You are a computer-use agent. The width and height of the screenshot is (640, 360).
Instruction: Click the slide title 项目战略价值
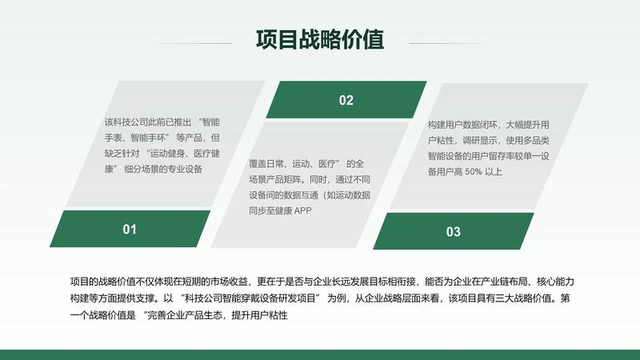320,39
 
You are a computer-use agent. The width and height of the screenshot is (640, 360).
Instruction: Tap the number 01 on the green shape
130,230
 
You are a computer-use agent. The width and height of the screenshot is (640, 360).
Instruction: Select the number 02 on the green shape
346,100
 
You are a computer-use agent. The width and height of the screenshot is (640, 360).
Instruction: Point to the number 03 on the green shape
453,232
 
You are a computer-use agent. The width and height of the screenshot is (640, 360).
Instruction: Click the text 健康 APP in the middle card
291,210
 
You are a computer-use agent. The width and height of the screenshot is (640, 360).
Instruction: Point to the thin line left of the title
193,43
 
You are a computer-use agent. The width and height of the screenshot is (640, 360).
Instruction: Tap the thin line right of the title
447,43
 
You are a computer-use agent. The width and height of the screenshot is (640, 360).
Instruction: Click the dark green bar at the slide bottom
320,354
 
